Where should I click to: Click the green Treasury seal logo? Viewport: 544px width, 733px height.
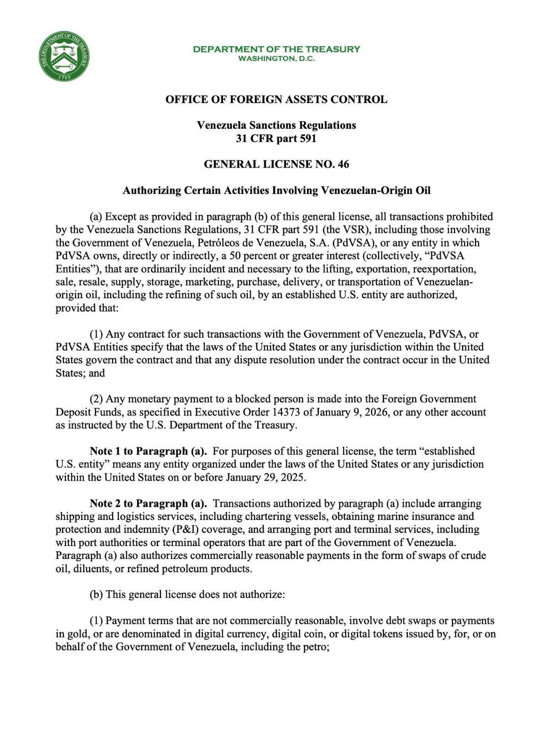[64, 56]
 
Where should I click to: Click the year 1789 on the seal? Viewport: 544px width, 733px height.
[64, 76]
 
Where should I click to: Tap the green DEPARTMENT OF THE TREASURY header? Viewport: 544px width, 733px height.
[276, 49]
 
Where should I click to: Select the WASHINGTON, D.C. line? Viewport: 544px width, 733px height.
[276, 59]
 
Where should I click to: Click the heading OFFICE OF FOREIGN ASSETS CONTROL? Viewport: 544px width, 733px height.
[276, 99]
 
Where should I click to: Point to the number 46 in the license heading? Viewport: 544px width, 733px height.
[343, 164]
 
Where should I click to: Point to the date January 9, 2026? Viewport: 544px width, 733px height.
[352, 412]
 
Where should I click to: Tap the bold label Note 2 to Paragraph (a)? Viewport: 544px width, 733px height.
[148, 503]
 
